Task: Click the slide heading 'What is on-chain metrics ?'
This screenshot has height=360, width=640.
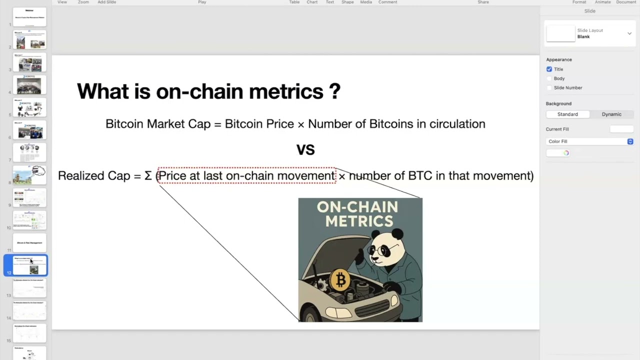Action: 208,91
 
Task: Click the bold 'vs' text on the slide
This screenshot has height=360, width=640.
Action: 305,149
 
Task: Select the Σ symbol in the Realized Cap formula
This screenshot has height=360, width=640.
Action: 148,176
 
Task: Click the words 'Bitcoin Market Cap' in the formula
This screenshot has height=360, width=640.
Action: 157,124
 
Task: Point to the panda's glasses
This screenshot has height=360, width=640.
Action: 381,250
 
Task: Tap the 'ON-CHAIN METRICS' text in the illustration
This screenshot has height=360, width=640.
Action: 357,214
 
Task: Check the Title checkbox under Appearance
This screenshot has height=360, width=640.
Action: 549,69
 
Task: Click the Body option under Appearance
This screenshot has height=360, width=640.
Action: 558,78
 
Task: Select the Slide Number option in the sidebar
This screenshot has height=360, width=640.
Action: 567,87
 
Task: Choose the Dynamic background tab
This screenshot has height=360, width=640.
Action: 611,114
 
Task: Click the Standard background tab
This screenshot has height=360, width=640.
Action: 567,114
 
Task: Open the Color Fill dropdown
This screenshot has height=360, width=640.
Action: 590,141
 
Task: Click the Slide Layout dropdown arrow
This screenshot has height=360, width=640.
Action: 629,33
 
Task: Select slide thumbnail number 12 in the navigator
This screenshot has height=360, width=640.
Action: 30,265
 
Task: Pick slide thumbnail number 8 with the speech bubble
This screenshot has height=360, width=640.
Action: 30,175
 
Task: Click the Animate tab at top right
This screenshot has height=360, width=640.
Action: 602,2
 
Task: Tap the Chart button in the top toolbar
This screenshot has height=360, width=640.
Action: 312,2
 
